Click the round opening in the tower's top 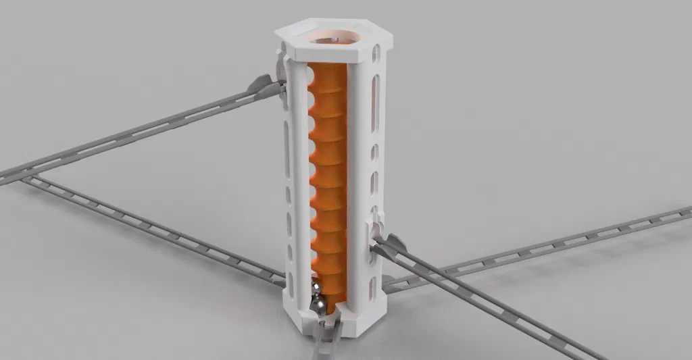335,34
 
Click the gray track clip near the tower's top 267,84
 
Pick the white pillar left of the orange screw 297,182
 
